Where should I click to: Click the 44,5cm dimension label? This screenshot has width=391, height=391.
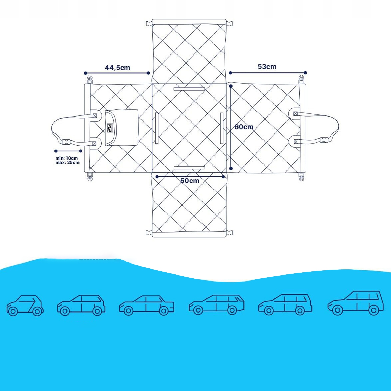pos(117,68)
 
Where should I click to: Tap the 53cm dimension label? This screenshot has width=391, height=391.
pos(267,67)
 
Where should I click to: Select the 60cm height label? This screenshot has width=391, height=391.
pos(244,127)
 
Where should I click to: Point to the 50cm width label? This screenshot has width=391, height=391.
pos(190,181)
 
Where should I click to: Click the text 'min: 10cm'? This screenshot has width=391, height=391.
pos(66,158)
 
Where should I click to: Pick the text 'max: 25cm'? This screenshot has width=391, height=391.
pos(67,163)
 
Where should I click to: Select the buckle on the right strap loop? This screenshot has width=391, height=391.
pos(324,140)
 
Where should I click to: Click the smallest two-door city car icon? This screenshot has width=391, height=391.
pos(25,306)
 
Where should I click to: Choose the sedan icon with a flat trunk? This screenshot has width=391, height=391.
pos(146,306)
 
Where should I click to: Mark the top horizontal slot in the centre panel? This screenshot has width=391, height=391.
pos(189,89)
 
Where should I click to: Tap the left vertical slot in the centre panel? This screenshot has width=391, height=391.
pos(157,128)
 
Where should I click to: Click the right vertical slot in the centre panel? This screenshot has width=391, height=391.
pos(222,128)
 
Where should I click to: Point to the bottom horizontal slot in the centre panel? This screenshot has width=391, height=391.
pos(189,168)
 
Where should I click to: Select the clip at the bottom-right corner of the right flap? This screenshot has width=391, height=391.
pos(301,177)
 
